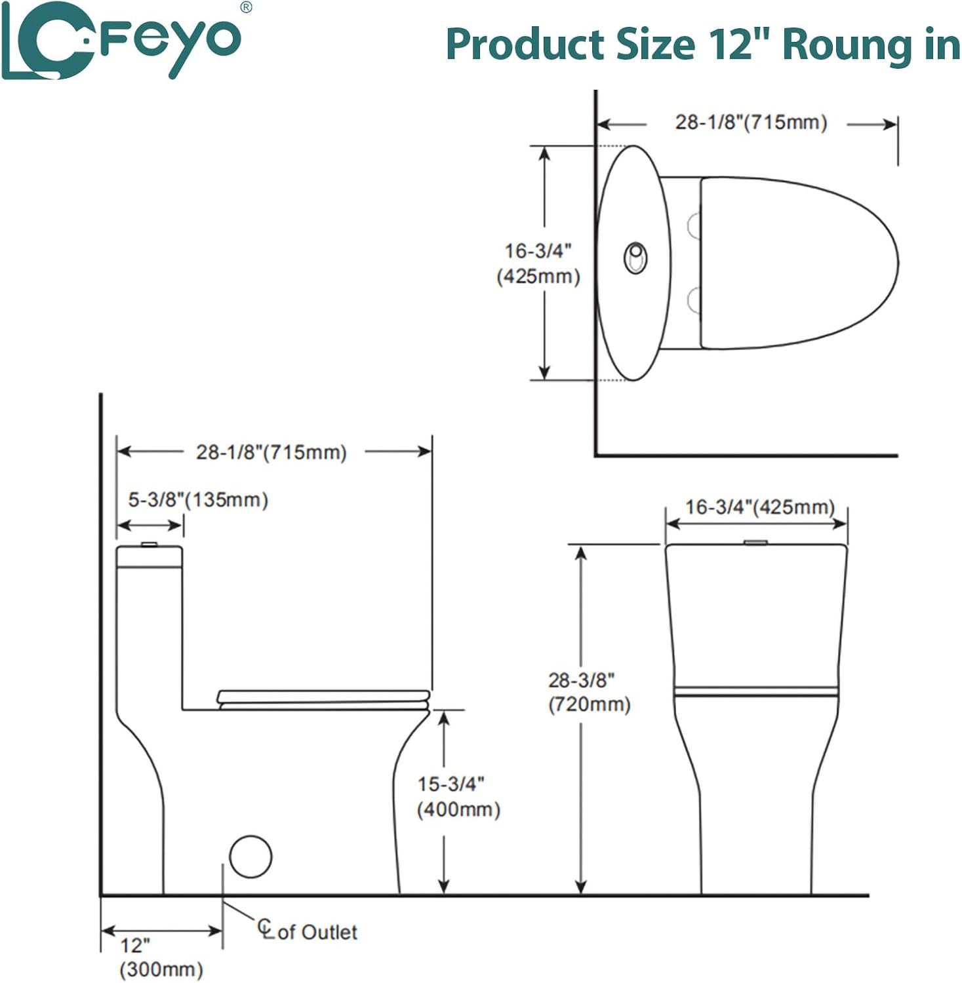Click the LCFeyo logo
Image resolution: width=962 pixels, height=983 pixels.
click(121, 41)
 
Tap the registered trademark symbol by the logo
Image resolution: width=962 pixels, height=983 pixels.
click(246, 7)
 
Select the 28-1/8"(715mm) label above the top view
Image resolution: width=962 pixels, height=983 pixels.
click(751, 122)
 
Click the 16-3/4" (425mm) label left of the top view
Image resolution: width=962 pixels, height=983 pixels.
click(538, 263)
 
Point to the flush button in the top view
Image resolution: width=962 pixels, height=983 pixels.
click(635, 258)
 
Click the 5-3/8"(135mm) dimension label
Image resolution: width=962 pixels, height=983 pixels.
click(198, 500)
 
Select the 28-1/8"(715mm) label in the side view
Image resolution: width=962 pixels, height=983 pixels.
click(271, 452)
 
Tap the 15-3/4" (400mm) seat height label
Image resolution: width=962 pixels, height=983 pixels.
click(458, 796)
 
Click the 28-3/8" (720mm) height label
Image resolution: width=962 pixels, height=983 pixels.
click(589, 692)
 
